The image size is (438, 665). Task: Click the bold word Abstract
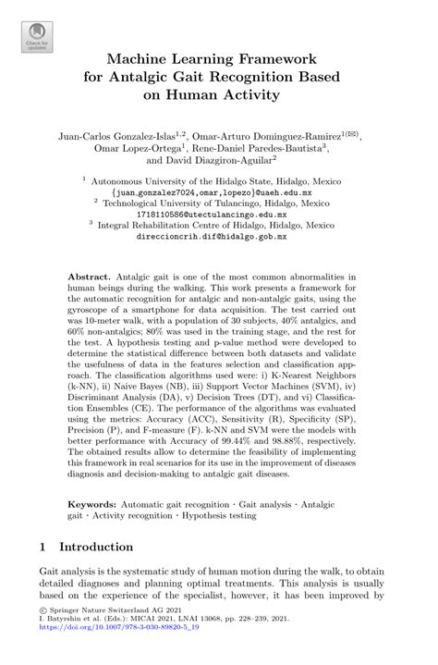[91, 277]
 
